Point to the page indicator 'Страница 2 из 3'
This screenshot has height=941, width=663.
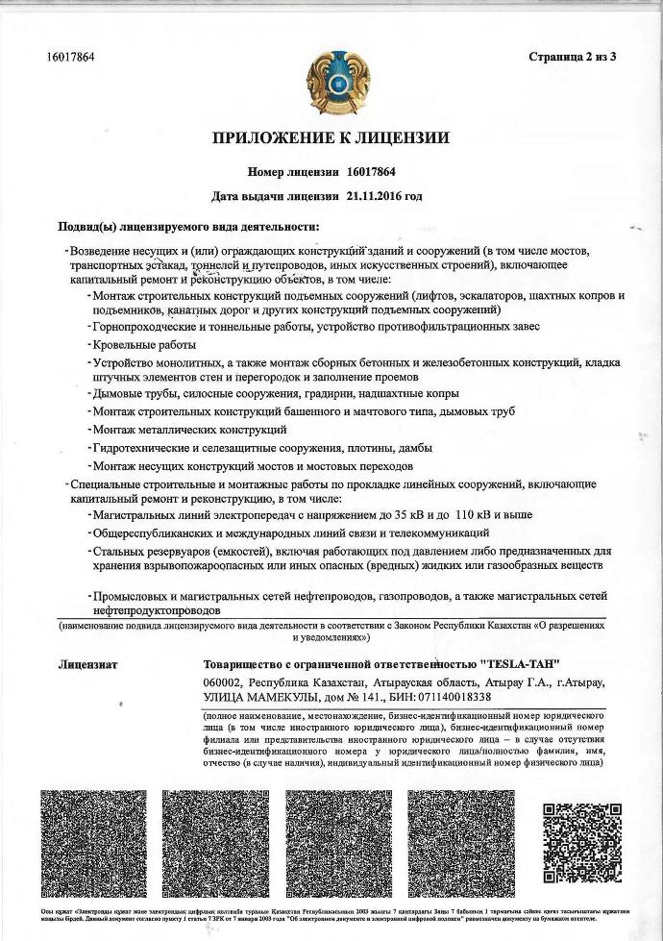coord(572,57)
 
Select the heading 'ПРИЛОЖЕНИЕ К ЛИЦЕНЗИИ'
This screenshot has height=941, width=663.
coord(331,138)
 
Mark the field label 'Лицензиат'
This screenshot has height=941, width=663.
coord(87,664)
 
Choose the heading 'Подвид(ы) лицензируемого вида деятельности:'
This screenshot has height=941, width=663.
coord(187,227)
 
